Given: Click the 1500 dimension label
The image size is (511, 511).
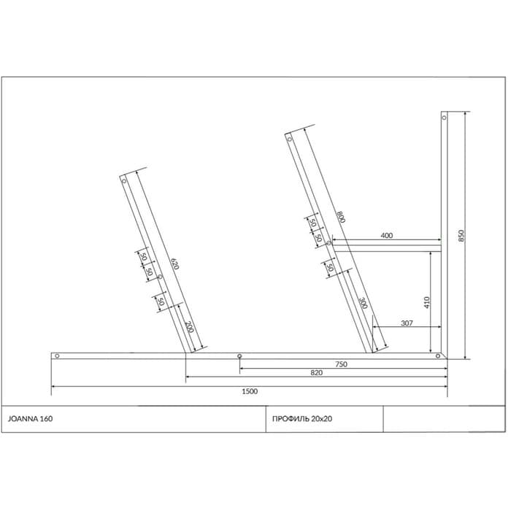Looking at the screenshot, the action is tap(250, 391).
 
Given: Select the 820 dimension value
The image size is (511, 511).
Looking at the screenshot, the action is tap(316, 372).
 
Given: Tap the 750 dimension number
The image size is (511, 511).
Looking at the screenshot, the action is tap(341, 364).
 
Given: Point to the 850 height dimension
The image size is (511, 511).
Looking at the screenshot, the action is tap(461, 236).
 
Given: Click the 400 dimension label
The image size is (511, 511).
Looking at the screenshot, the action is tap(386, 235).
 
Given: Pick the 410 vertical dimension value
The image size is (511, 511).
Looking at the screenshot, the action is tap(426, 302).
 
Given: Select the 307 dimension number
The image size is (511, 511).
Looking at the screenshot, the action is tap(407, 323).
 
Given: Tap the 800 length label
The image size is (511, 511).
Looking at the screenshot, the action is tap(341, 217).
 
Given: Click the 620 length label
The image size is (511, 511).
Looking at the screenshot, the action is tap(175, 264).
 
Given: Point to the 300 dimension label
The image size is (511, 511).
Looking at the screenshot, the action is tap(363, 303).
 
